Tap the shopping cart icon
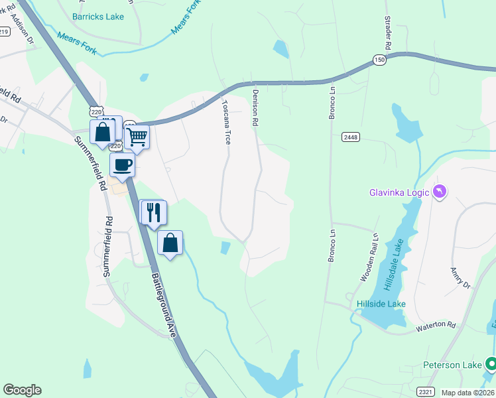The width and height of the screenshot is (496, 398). click(x=137, y=137)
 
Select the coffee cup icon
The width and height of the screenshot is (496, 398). click(x=123, y=165)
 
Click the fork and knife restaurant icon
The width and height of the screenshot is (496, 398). click(x=153, y=212)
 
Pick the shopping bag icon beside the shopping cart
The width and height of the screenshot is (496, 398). click(x=103, y=131)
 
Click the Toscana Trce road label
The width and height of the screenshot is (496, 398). click(x=226, y=123)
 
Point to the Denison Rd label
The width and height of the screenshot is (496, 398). click(x=254, y=108)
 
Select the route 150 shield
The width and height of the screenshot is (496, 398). click(x=378, y=59)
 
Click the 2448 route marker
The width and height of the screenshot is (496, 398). click(x=351, y=137)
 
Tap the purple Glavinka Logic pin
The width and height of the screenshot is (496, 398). click(x=439, y=192)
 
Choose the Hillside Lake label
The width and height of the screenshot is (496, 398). click(x=381, y=304)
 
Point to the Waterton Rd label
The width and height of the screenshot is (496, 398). click(x=436, y=326)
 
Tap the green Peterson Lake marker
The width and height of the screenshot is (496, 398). click(x=491, y=364)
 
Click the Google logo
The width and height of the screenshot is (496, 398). click(x=22, y=390)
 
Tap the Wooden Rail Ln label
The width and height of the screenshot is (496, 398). click(x=369, y=257)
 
